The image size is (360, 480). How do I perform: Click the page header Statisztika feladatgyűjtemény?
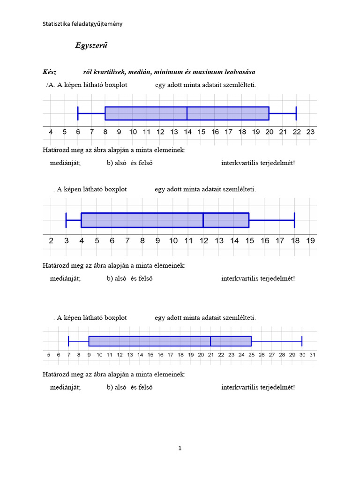(82, 24)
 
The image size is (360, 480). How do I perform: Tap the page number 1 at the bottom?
(180, 448)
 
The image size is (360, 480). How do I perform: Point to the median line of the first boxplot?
(187, 113)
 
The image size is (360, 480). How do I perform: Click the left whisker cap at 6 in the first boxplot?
(78, 113)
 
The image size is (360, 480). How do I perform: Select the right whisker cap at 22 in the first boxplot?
(296, 113)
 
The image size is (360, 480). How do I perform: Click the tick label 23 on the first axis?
(310, 132)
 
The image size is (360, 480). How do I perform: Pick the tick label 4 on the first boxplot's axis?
(51, 132)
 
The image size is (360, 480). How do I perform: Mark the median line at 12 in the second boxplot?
(203, 220)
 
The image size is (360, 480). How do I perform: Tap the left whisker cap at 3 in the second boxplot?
(67, 220)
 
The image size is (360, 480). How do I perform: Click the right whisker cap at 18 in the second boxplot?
(294, 220)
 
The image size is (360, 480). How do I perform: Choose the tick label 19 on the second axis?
(310, 241)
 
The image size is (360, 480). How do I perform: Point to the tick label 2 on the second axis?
(51, 241)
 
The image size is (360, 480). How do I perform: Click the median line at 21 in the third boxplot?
(210, 341)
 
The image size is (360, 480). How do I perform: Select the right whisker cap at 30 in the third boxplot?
(302, 341)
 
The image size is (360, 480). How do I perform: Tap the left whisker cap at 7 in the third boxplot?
(69, 341)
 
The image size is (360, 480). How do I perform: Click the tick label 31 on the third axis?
(312, 355)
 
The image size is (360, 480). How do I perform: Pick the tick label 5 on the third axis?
(49, 355)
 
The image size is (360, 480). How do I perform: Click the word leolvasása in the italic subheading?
(238, 72)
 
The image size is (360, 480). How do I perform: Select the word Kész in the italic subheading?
(50, 72)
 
